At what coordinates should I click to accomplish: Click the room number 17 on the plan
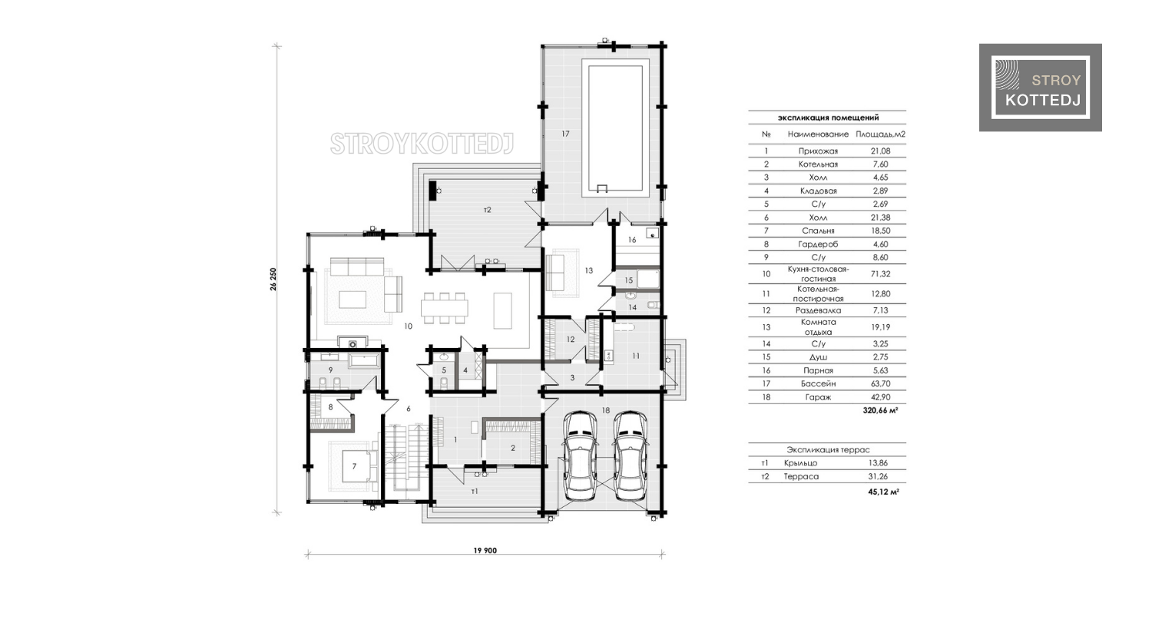pyautogui.click(x=566, y=134)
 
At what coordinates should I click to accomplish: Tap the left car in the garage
pyautogui.click(x=580, y=456)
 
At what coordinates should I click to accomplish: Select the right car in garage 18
pyautogui.click(x=631, y=456)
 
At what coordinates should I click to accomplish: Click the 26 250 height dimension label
pyautogui.click(x=273, y=280)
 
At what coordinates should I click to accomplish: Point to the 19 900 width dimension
pyautogui.click(x=485, y=550)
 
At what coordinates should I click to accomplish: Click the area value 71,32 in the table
pyautogui.click(x=880, y=273)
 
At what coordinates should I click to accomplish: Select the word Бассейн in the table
pyautogui.click(x=818, y=384)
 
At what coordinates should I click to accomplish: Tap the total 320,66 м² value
pyautogui.click(x=880, y=410)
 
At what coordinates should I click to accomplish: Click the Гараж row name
pyautogui.click(x=818, y=397)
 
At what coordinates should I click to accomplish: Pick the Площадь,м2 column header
pyautogui.click(x=880, y=134)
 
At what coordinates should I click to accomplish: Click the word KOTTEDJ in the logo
pyautogui.click(x=1043, y=101)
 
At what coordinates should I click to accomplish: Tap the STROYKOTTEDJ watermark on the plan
pyautogui.click(x=422, y=144)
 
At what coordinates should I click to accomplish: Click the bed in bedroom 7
pyautogui.click(x=356, y=466)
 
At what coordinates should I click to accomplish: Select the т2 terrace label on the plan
pyautogui.click(x=488, y=210)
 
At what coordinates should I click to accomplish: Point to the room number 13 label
pyautogui.click(x=589, y=270)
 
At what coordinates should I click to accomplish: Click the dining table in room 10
pyautogui.click(x=445, y=308)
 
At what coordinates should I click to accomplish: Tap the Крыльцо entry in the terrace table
pyautogui.click(x=800, y=463)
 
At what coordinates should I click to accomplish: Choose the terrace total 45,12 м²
pyautogui.click(x=883, y=492)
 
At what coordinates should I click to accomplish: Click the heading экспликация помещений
pyautogui.click(x=828, y=118)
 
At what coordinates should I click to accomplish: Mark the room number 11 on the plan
pyautogui.click(x=636, y=356)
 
